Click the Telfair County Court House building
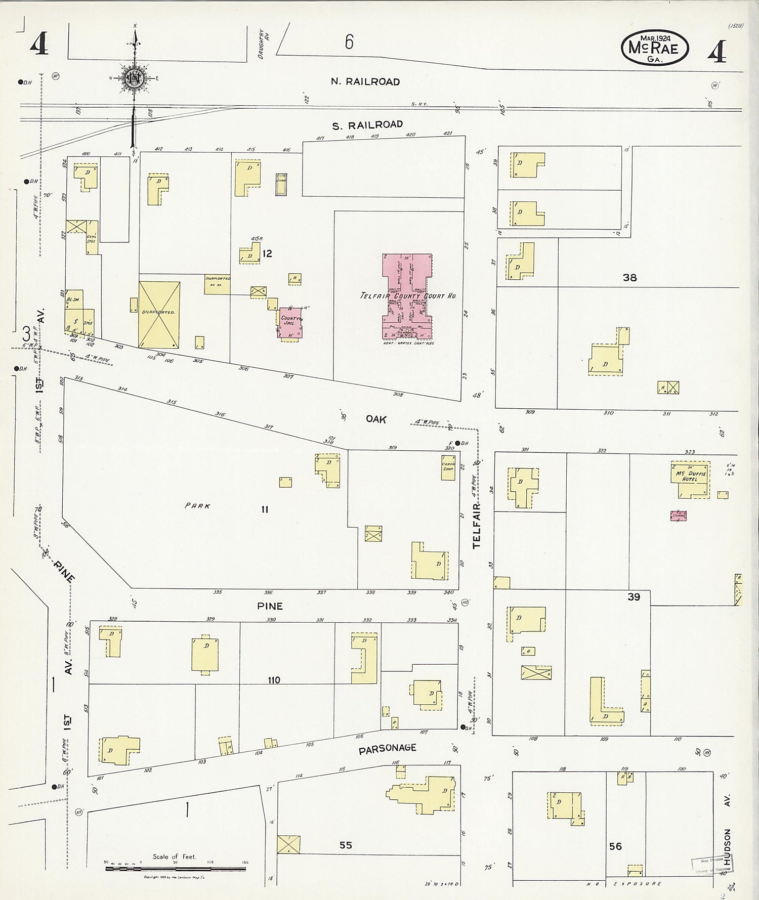tap(407, 296)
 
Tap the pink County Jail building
tap(291, 322)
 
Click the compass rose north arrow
tap(134, 76)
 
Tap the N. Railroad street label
tap(365, 81)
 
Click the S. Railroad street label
tap(367, 124)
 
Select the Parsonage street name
tap(387, 749)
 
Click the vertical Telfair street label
tap(476, 526)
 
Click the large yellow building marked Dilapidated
tap(159, 314)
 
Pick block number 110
tap(274, 680)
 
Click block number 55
tap(346, 845)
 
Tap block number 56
tap(615, 846)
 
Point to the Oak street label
tap(376, 419)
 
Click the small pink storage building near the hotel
tap(679, 516)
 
